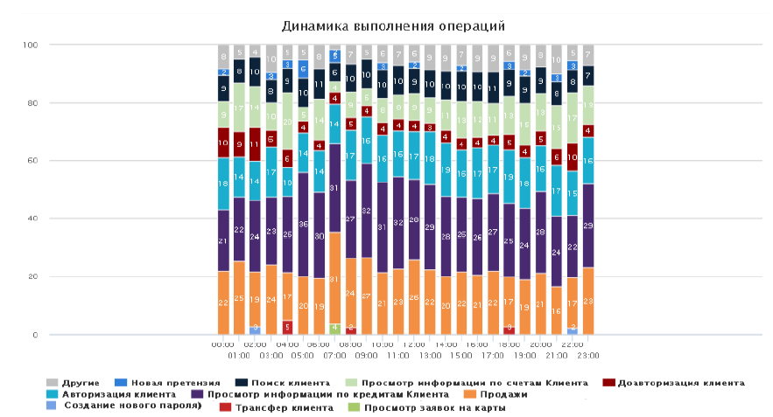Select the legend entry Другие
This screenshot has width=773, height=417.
(x=81, y=382)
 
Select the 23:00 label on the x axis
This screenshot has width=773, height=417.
(x=588, y=356)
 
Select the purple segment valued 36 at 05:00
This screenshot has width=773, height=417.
(x=303, y=225)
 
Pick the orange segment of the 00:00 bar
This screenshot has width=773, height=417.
(x=223, y=302)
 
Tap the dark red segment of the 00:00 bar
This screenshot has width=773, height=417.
(x=223, y=142)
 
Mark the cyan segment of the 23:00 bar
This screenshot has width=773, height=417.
(x=588, y=161)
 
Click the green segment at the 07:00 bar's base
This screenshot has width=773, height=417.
(x=334, y=329)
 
